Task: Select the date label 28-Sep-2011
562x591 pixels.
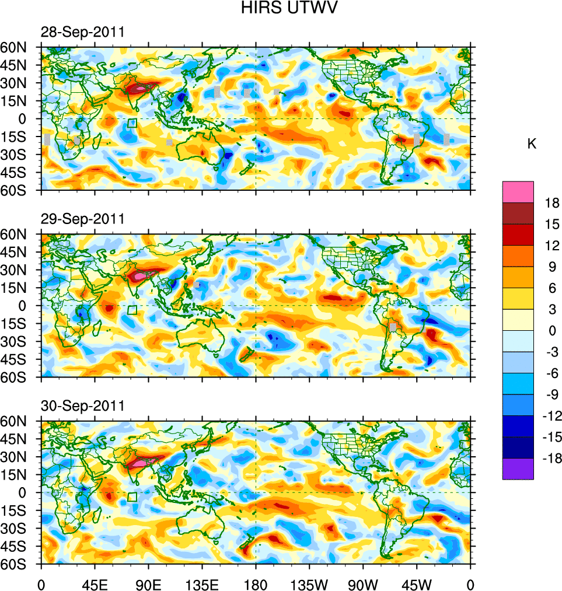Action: tap(82, 32)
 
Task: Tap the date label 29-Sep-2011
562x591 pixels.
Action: tap(82, 219)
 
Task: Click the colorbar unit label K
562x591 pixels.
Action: tap(532, 144)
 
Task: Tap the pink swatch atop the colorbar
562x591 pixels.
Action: tap(518, 191)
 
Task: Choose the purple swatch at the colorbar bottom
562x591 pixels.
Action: tap(518, 469)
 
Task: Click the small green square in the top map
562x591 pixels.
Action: tap(132, 123)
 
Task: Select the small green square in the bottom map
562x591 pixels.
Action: tap(132, 496)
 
